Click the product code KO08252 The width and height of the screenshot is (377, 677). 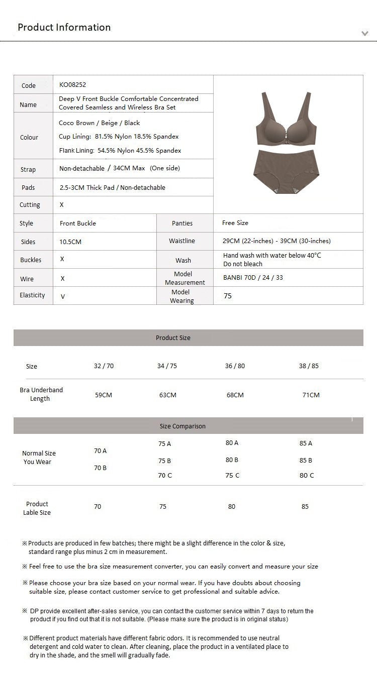coord(72,85)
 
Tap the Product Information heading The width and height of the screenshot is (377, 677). coord(64,27)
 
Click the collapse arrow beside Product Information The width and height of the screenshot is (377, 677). coord(365,34)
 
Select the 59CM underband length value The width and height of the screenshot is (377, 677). coord(104,395)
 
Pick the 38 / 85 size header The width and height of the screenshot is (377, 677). coord(309,366)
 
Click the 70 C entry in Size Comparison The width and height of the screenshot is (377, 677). coord(165,475)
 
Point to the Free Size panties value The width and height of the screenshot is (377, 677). coord(235,223)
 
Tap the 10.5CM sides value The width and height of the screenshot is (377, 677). coord(70,242)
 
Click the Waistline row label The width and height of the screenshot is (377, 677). coord(182,241)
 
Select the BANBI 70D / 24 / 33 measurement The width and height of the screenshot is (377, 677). coord(253,278)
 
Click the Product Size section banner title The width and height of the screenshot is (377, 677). coord(173,338)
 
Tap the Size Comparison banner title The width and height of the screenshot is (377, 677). coord(182,426)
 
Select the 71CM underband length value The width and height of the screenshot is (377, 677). coord(311,395)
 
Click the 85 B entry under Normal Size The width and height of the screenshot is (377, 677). coord(306,460)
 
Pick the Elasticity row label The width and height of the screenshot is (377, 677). coord(32,295)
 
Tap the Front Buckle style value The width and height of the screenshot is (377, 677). coord(77,223)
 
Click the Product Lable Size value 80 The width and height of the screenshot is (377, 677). coord(232,507)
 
